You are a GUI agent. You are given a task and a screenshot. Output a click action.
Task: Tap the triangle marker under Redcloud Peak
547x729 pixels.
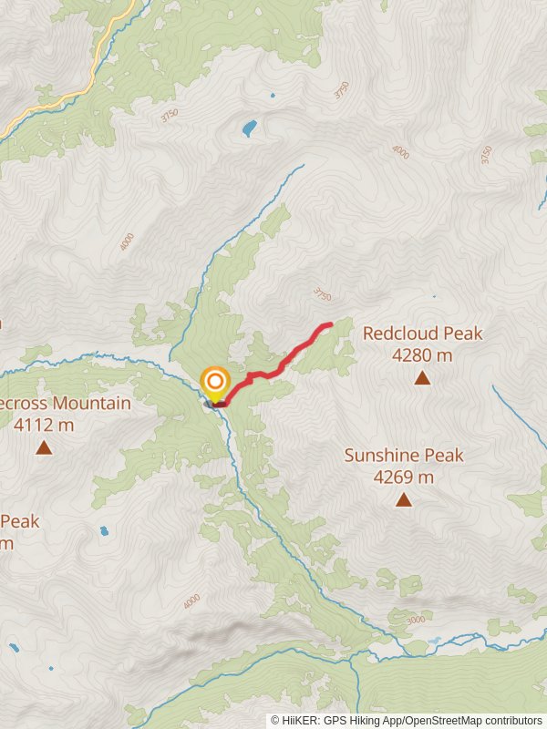click(422, 377)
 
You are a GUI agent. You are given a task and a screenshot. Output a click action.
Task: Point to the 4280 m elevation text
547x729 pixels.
click(422, 355)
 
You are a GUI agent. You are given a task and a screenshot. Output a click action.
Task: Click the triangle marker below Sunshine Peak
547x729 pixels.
click(403, 499)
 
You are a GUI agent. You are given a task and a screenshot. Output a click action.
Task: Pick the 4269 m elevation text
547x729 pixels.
click(403, 477)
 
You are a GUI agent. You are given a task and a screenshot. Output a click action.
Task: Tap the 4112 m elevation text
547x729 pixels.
click(43, 424)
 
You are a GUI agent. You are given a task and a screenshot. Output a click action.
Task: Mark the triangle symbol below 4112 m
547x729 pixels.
click(43, 447)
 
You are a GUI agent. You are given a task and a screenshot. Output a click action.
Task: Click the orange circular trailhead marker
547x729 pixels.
click(215, 383)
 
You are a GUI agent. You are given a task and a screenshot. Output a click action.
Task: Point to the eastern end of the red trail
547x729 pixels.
click(329, 324)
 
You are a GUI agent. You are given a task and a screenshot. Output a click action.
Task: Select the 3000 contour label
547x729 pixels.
click(415, 621)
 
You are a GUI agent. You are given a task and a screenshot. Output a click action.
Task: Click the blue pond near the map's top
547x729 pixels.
click(249, 128)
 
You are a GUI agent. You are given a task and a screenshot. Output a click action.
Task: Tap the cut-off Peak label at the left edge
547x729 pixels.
click(20, 521)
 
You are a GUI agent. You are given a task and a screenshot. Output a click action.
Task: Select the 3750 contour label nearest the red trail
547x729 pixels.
click(320, 294)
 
